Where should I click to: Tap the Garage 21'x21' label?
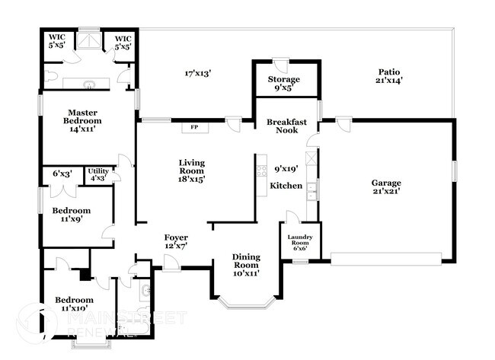coord(386,187)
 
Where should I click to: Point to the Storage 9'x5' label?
coord(283,83)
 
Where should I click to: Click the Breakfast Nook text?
coord(286,126)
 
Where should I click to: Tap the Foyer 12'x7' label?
coord(176,241)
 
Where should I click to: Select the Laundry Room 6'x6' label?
coord(300,241)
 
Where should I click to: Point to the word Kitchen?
coord(286,186)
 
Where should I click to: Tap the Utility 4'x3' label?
coord(98,174)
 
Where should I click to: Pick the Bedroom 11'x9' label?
coord(72,215)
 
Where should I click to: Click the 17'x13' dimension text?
coord(197,74)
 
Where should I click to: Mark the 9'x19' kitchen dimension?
coord(286,168)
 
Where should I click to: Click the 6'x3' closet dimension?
coord(62,174)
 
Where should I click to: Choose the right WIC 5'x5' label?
coord(123,42)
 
